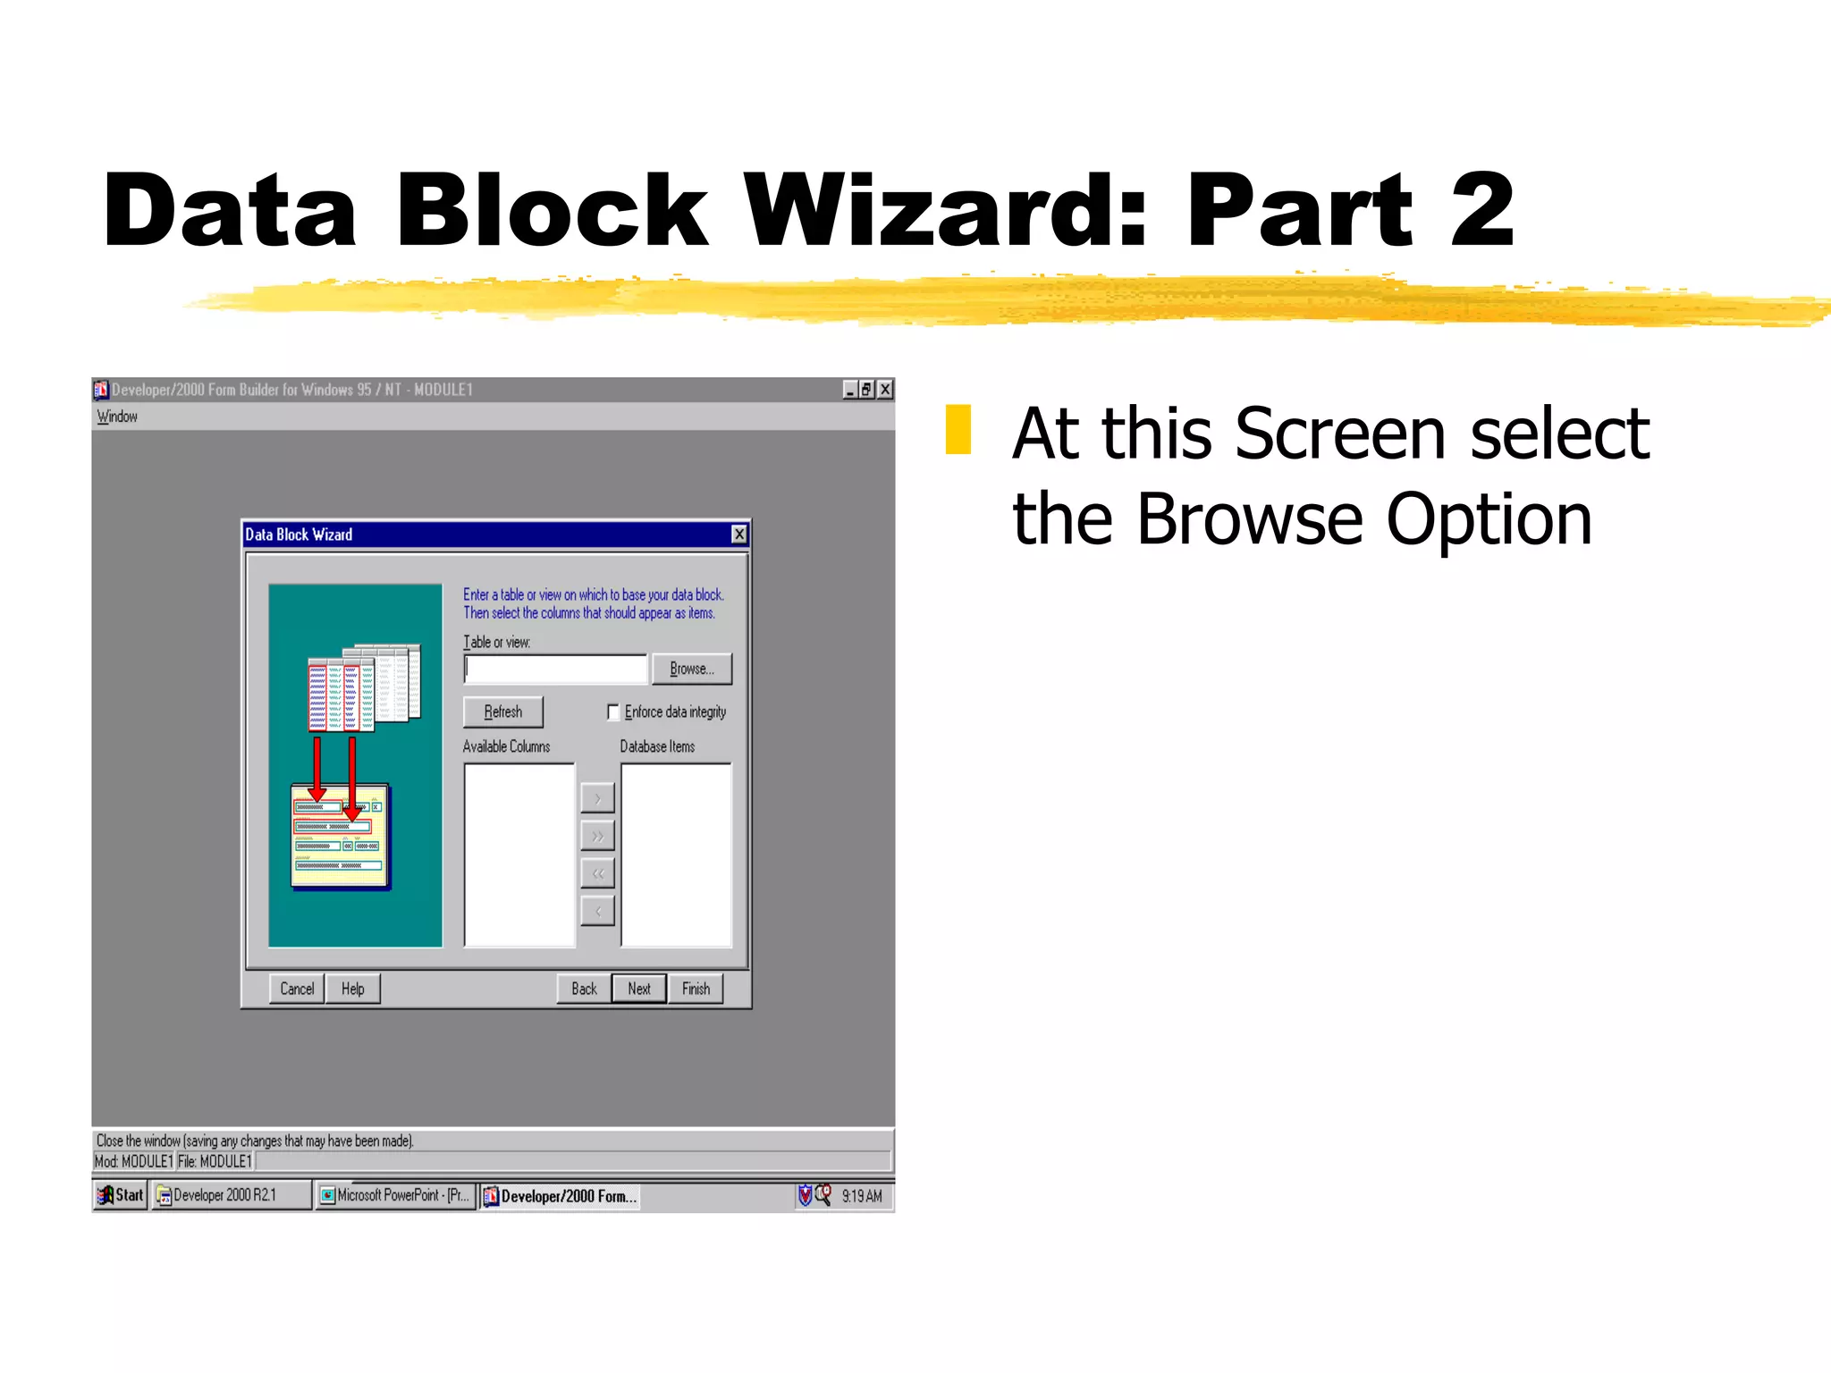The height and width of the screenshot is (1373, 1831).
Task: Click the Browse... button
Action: [691, 669]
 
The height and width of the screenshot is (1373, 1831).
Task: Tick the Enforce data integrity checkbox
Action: [613, 712]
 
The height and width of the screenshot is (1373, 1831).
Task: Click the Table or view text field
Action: [555, 669]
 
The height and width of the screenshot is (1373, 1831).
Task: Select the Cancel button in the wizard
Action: [297, 989]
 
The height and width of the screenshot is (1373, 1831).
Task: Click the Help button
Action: [353, 989]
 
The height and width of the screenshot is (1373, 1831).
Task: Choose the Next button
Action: [639, 989]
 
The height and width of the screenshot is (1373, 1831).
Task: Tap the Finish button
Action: [696, 989]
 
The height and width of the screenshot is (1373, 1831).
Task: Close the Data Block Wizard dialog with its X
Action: [739, 535]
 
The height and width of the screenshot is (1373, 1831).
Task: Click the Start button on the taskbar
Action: [121, 1195]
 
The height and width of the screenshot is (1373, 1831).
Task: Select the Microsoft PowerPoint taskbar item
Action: [395, 1195]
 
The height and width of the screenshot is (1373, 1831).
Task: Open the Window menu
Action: [117, 417]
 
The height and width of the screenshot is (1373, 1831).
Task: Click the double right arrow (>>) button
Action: [597, 836]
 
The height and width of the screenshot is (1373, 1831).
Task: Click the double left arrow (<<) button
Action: [597, 873]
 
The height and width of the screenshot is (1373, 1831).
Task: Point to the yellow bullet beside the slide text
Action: [958, 430]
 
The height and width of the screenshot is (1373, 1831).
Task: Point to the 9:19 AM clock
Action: [861, 1196]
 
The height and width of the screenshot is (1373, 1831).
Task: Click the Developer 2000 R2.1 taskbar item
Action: [230, 1195]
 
